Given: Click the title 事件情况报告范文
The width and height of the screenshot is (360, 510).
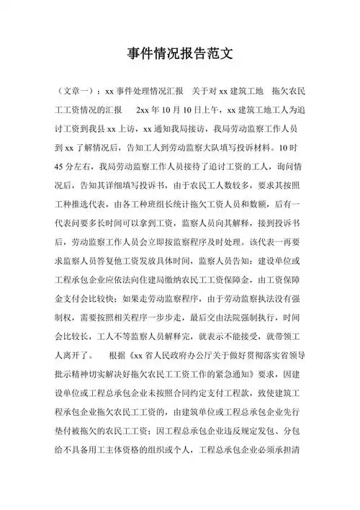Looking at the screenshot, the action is pos(180,54).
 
